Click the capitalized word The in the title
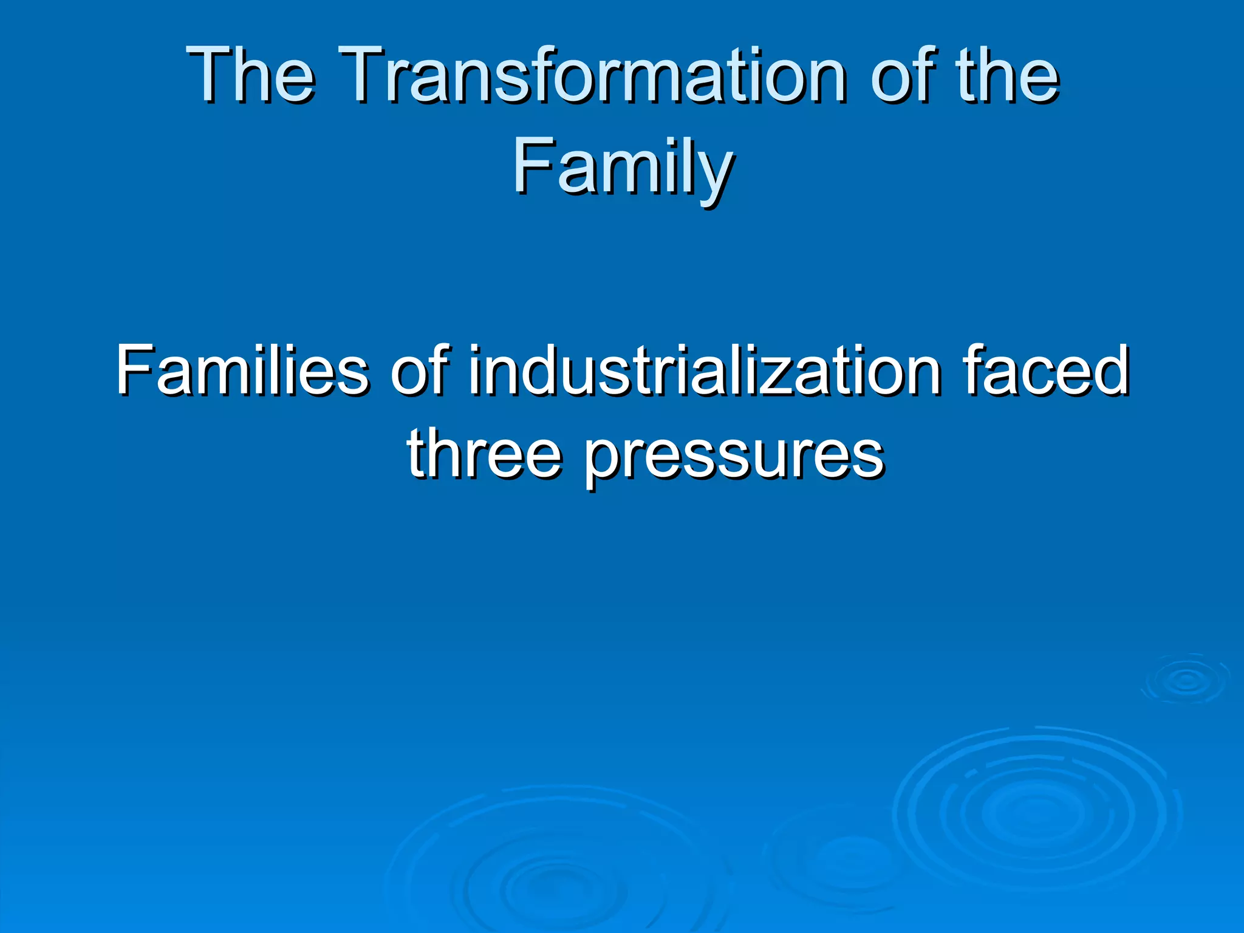coord(250,75)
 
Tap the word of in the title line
coord(903,75)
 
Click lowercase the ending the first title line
coord(1008,75)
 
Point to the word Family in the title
coord(622,166)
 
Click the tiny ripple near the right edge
coord(1186,680)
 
